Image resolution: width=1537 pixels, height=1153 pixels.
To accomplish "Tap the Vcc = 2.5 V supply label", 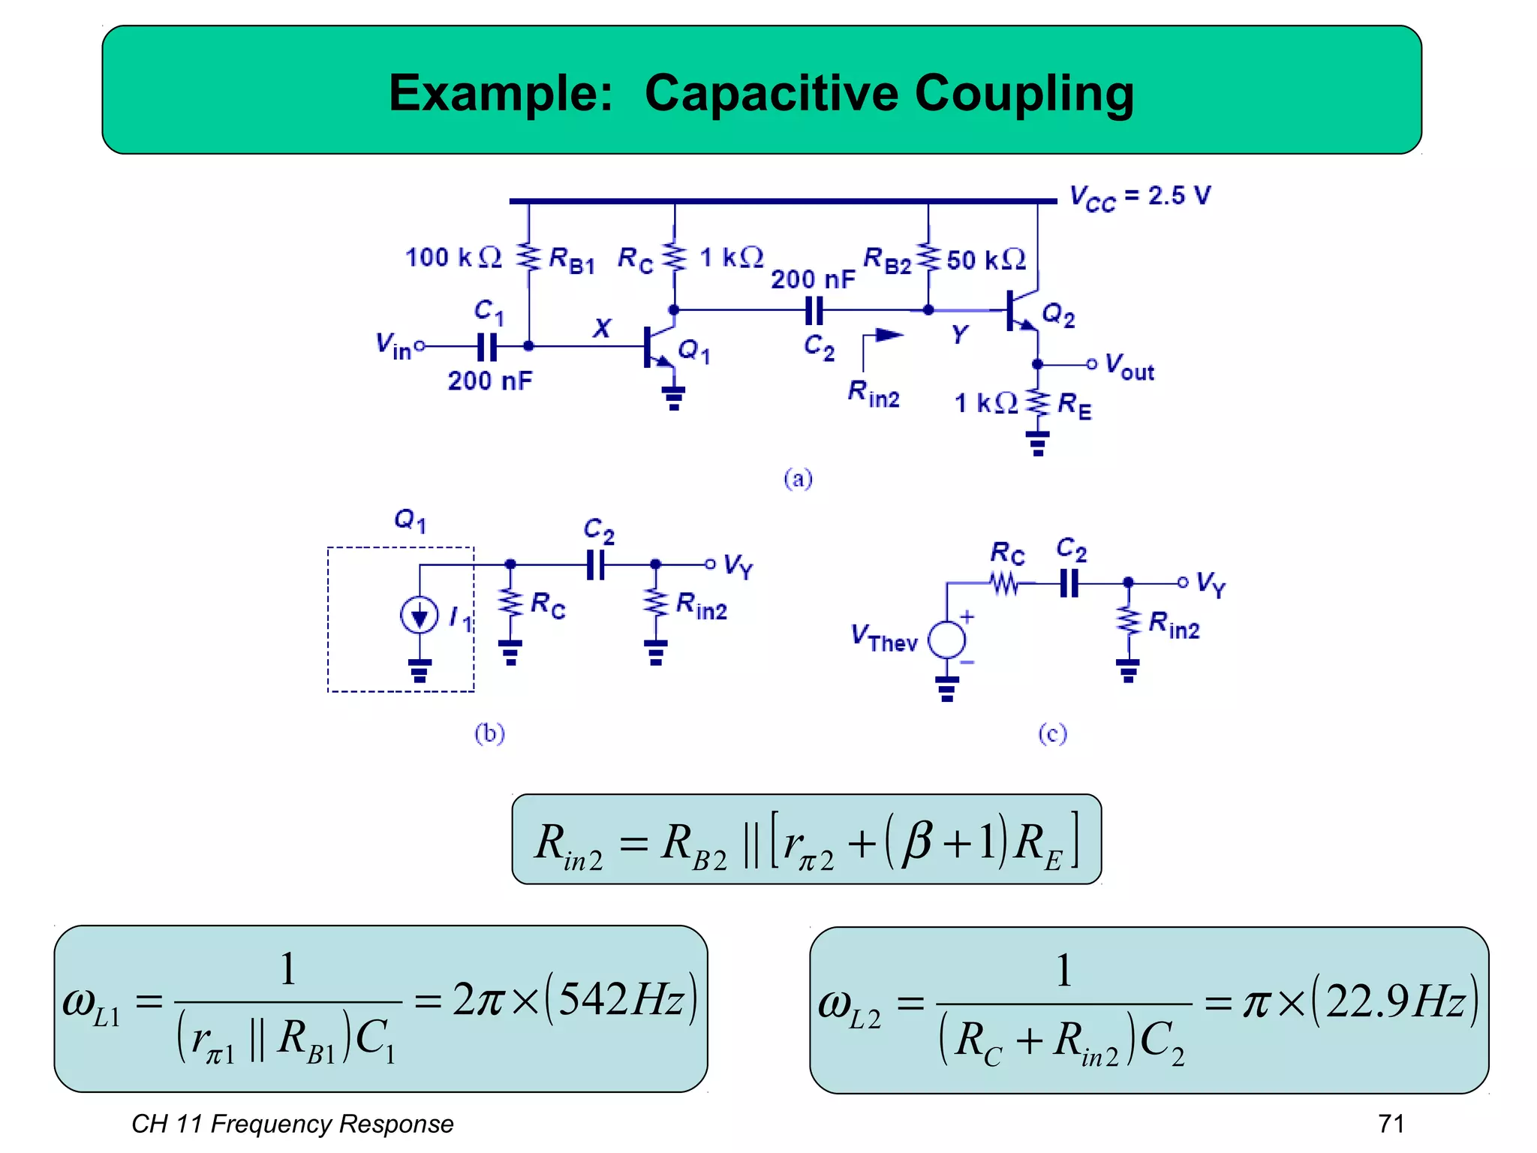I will [1139, 197].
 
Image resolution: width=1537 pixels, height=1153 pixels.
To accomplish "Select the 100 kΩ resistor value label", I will [453, 257].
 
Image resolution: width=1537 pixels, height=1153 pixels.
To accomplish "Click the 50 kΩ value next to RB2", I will [985, 260].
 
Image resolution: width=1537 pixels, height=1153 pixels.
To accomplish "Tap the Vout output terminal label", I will [1129, 367].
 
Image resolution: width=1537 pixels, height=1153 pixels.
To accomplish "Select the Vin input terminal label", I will [393, 346].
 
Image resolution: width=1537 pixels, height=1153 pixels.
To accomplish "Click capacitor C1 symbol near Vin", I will [487, 347].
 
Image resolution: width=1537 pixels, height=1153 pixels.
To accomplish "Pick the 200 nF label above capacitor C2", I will [813, 279].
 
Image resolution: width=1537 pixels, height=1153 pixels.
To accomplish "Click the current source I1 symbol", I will [419, 616].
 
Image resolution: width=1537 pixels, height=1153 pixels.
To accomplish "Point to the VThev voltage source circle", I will [946, 640].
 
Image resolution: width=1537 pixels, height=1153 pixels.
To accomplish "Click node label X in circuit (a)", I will [602, 328].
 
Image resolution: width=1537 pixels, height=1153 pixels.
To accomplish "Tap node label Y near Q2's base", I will [959, 334].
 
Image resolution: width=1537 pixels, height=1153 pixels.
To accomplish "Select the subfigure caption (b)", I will [489, 733].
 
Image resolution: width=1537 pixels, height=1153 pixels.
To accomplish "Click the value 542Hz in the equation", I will [621, 999].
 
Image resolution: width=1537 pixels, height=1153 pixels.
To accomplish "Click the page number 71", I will [1391, 1123].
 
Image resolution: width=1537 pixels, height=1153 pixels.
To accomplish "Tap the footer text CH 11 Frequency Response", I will [292, 1124].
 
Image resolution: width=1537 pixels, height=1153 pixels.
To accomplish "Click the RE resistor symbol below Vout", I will [1038, 403].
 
